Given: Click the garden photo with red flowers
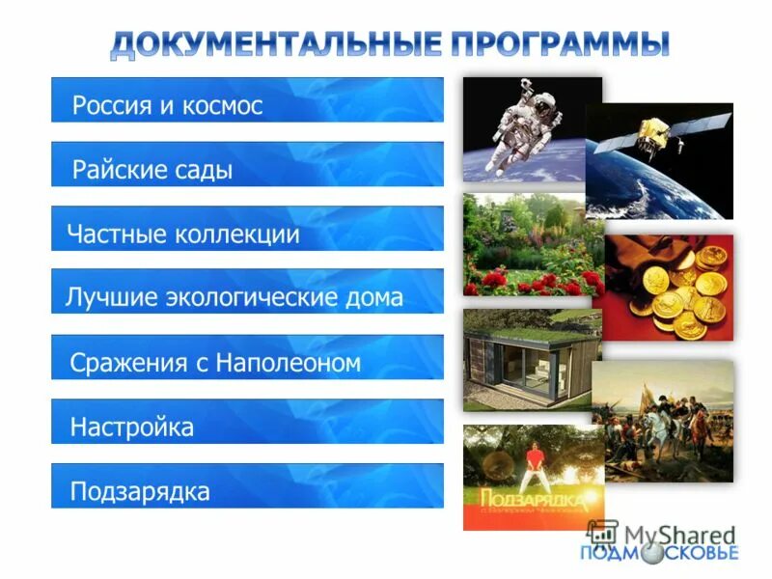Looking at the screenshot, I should [526, 246].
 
